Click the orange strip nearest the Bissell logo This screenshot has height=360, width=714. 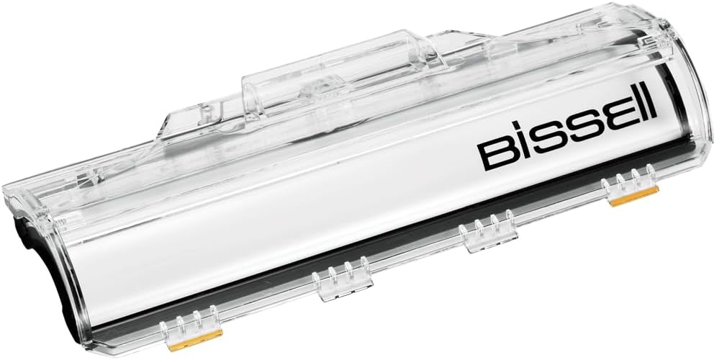tap(634, 196)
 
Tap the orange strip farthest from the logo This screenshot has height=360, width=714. tap(195, 341)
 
